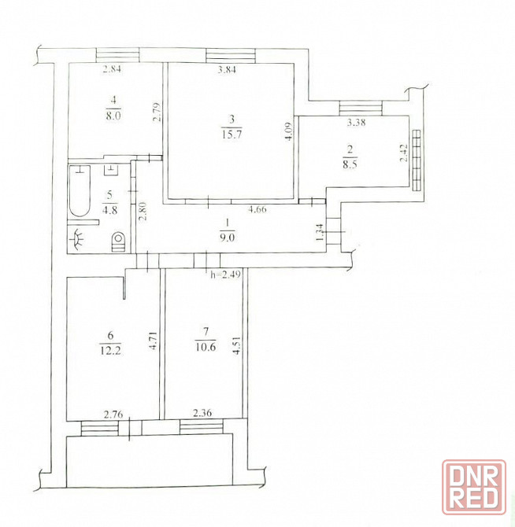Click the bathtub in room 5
pos(80,191)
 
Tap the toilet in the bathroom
pos(118,241)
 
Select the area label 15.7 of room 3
pos(232,135)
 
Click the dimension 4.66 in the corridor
pos(257,209)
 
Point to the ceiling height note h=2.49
pos(226,275)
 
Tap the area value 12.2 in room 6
pos(110,351)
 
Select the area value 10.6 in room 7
pos(206,347)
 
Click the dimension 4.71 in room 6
pos(153,341)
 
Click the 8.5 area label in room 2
pos(350,165)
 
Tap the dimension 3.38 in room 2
pos(356,123)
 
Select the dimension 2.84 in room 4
pos(112,69)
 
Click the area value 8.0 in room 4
pos(113,116)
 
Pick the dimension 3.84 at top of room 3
pos(227,69)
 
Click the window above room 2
pos(361,109)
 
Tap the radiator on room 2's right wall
pos(417,160)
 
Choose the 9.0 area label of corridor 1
pos(228,238)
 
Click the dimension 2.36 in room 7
pos(202,412)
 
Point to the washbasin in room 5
pos(78,239)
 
